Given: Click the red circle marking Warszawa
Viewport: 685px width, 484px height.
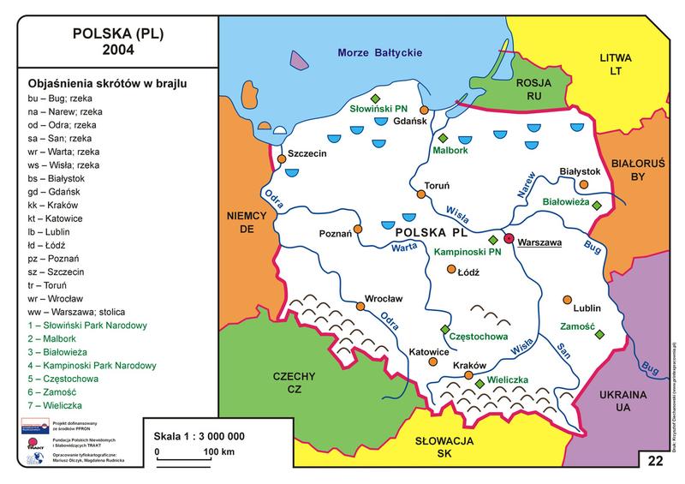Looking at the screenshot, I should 509,239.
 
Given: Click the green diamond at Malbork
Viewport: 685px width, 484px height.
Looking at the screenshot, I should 443,138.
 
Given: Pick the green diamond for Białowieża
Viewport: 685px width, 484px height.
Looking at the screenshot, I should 597,206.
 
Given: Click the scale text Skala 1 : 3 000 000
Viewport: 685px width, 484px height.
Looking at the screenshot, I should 194,435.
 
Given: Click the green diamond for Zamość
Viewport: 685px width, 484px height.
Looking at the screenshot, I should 599,333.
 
